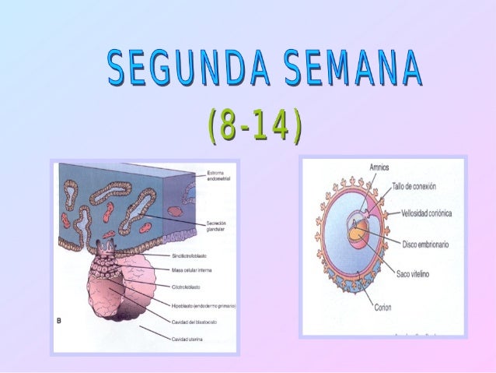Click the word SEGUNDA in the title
pyautogui.click(x=190, y=71)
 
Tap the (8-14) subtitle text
pyautogui.click(x=253, y=124)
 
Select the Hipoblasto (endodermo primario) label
pyautogui.click(x=204, y=306)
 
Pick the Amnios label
pyautogui.click(x=379, y=167)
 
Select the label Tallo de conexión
pyautogui.click(x=414, y=187)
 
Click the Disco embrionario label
pyautogui.click(x=425, y=244)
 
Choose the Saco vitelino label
pyautogui.click(x=416, y=273)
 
